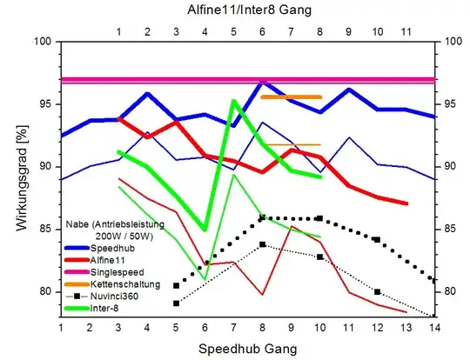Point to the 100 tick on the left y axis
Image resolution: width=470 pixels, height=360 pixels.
pyautogui.click(x=43, y=41)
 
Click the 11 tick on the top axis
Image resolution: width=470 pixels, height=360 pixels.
pyautogui.click(x=405, y=31)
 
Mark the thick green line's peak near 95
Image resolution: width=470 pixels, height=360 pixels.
pyautogui.click(x=233, y=101)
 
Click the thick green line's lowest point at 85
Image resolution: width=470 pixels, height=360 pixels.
pyautogui.click(x=205, y=229)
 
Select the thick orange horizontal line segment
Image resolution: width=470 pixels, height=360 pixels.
pyautogui.click(x=291, y=97)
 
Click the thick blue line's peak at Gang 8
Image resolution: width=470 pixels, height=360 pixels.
pyautogui.click(x=262, y=83)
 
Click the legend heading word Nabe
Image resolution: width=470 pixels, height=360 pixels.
pyautogui.click(x=80, y=222)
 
